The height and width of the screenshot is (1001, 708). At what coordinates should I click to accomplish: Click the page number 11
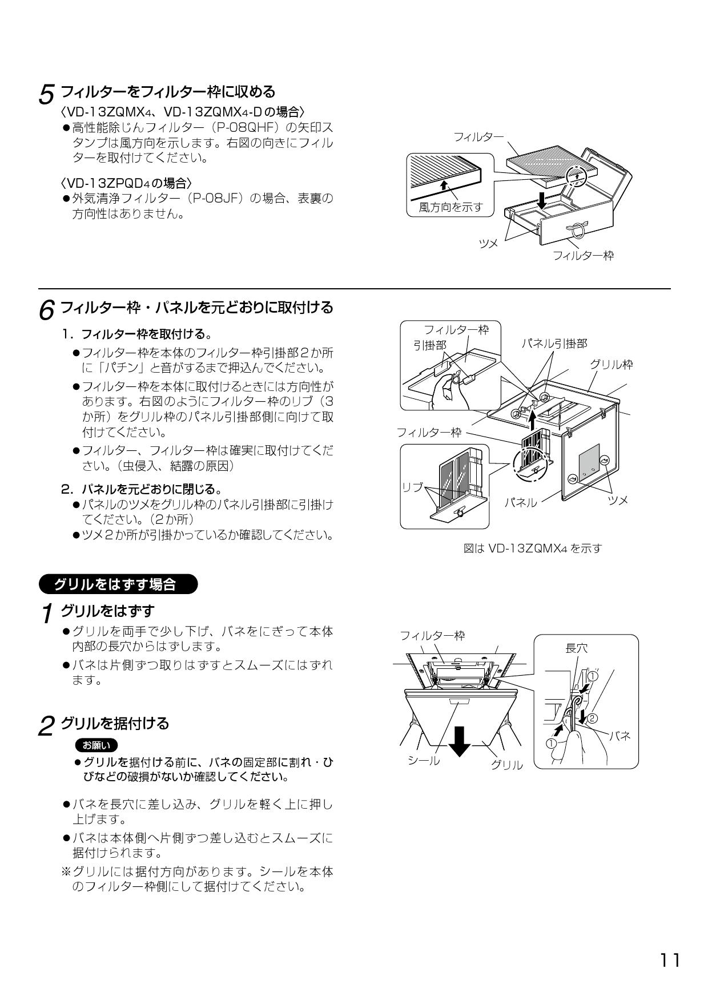click(x=670, y=960)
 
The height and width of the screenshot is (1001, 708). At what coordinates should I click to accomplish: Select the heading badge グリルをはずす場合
click(x=116, y=585)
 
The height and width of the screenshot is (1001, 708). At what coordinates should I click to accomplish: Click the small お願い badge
click(x=96, y=745)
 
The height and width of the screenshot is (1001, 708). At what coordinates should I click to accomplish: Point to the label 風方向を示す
click(x=450, y=207)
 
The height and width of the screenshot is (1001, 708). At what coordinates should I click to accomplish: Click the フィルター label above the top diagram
click(x=478, y=137)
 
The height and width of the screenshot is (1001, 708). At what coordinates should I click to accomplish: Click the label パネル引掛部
click(x=554, y=343)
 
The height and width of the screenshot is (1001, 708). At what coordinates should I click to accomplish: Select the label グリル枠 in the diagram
click(x=611, y=364)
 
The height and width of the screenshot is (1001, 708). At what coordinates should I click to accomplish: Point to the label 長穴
click(x=576, y=648)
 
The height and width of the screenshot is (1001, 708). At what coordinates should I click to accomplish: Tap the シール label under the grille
click(x=424, y=760)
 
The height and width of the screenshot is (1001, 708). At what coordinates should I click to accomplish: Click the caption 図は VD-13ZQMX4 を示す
click(x=532, y=548)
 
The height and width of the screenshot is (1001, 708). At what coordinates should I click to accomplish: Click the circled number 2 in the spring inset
click(x=592, y=717)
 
